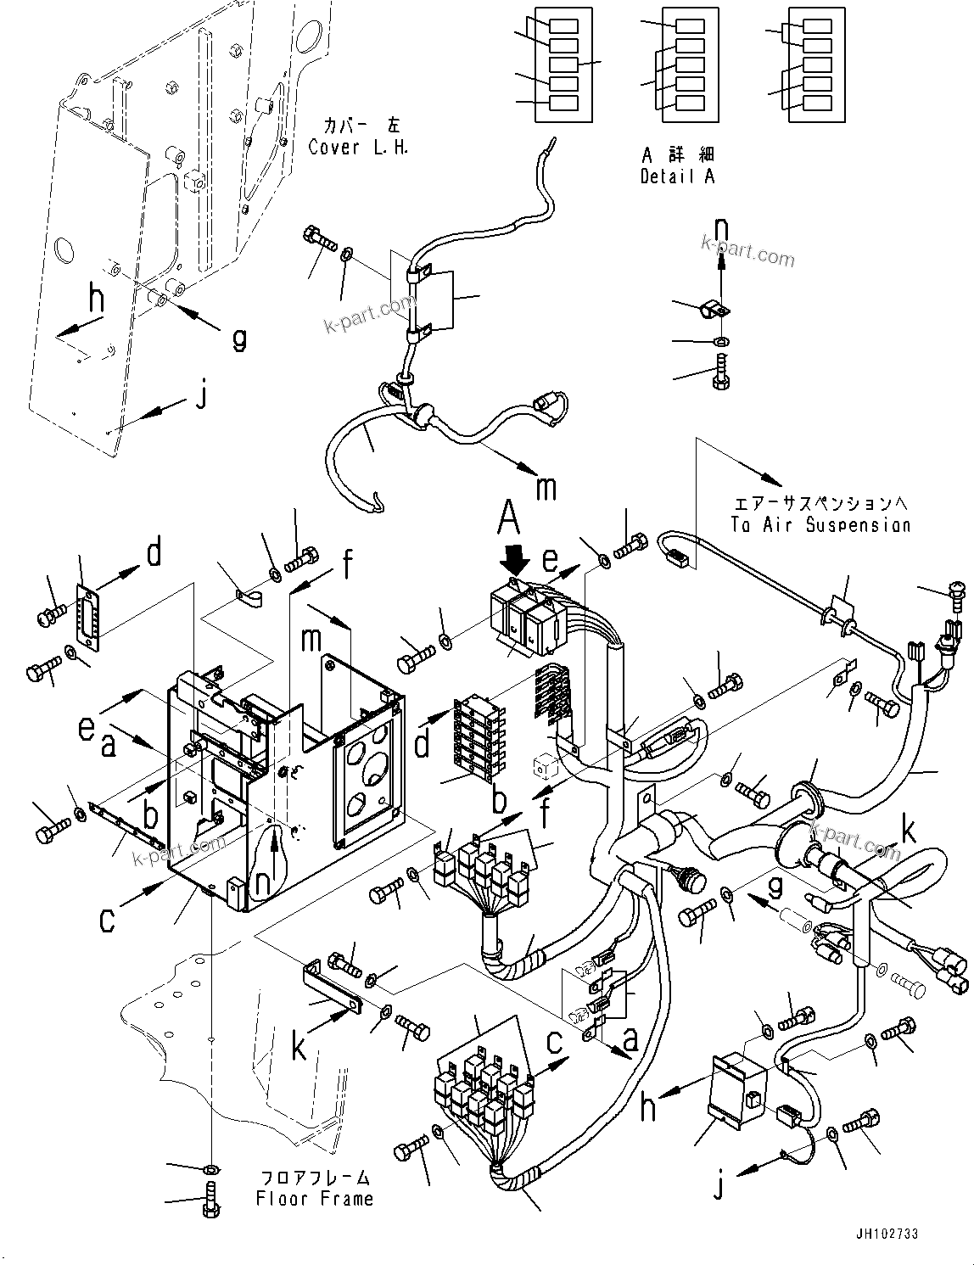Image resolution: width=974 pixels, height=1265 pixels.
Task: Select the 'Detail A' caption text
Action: pos(677,176)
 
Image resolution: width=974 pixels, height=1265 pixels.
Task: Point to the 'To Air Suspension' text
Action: pos(820,524)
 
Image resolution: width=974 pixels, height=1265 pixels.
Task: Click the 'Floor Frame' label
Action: pos(314,1198)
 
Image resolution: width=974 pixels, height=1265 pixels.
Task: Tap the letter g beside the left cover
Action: pos(240,338)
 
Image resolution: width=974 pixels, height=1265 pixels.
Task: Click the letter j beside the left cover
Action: pos(201,395)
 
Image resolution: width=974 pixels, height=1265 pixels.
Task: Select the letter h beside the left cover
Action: pos(98,299)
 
